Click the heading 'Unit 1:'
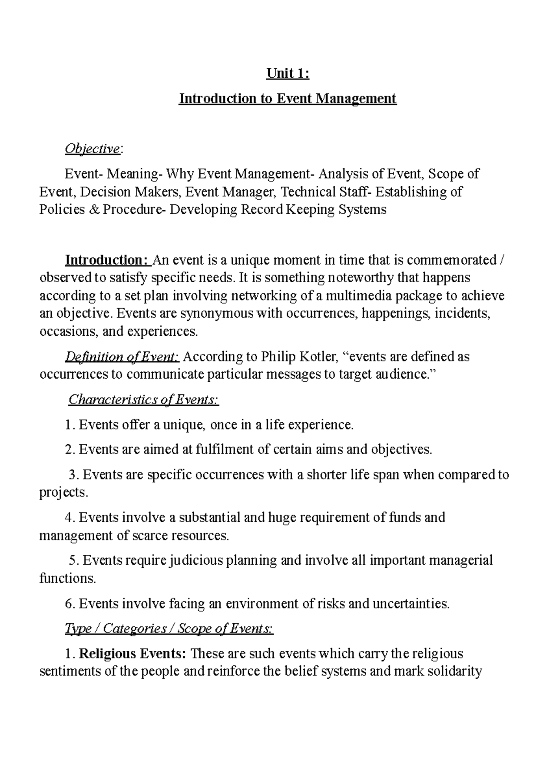288,74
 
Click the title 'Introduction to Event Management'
288,98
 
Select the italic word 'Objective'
92,149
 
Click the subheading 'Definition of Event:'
122,357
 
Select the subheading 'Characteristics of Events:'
143,400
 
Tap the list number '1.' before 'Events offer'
70,425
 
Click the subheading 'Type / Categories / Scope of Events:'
169,629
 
